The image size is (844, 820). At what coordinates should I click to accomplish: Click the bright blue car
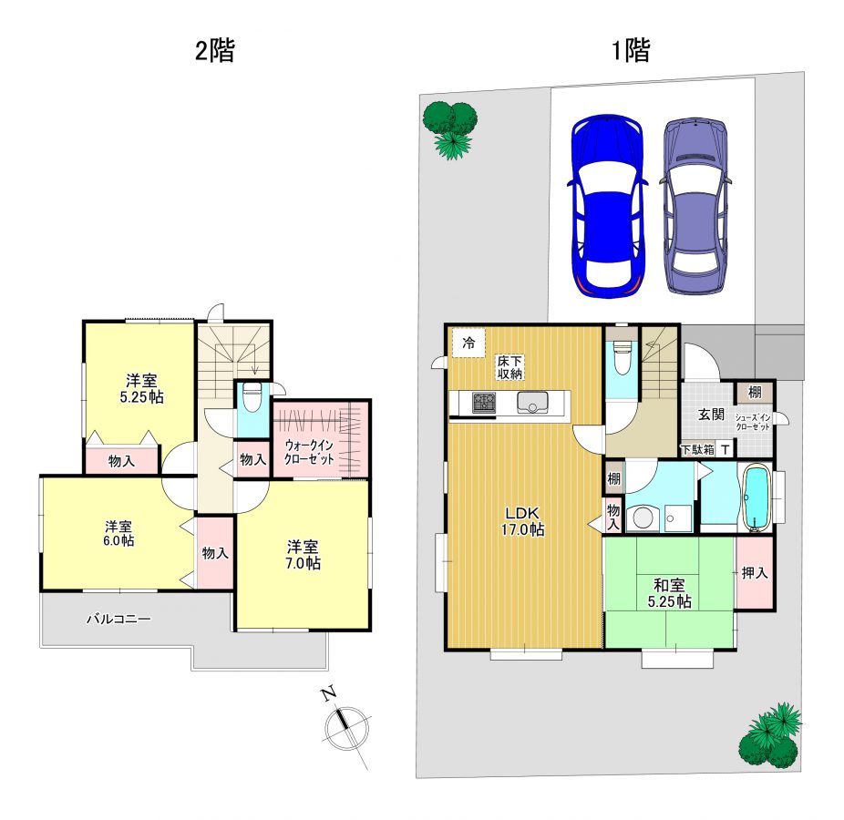point(607,206)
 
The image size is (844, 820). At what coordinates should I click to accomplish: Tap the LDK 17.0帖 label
point(522,521)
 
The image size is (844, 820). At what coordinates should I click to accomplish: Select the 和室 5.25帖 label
point(670,593)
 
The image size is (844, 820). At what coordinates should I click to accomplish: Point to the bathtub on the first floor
point(757,498)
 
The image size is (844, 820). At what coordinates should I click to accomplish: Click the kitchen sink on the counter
point(532,403)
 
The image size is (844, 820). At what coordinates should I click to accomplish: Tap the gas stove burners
point(485,403)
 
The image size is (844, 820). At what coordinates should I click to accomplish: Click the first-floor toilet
point(622,355)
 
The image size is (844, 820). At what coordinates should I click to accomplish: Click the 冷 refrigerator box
point(468,343)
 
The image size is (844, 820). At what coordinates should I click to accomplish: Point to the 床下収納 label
point(509,367)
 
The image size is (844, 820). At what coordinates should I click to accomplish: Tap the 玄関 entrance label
point(711,415)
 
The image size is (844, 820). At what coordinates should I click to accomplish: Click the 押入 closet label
point(755,573)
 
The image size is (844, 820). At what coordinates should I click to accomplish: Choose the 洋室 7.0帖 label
point(303,555)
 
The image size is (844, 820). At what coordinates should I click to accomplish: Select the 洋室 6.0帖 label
point(119,533)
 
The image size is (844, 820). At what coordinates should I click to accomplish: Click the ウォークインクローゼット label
point(310,452)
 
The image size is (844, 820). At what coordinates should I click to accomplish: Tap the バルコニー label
point(119,620)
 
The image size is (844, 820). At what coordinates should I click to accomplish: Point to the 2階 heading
point(215,51)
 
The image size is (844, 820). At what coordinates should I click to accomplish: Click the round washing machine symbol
point(643,518)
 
